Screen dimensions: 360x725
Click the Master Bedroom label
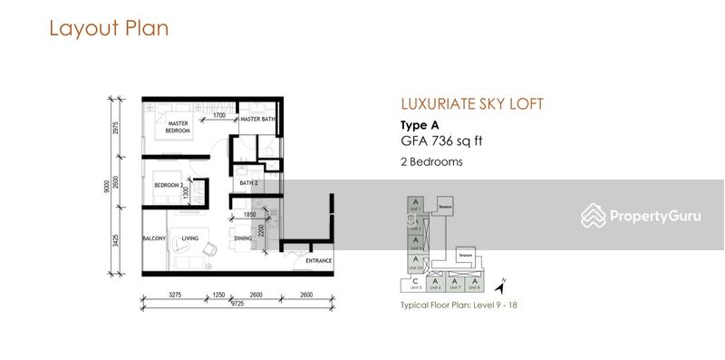coord(177,128)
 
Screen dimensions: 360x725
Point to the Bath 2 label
coord(249,182)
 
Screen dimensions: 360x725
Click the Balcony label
coord(152,239)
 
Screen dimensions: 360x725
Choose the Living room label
coord(189,239)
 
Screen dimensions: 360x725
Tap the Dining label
coord(243,239)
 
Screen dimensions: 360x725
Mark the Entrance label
coord(318,261)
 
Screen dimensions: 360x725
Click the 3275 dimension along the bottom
coord(175,294)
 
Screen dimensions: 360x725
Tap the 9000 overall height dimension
coord(106,186)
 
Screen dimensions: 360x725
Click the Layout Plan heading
coord(109,28)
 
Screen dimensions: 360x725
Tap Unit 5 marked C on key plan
coord(415,284)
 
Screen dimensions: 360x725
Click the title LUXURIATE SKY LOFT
coord(471,104)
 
